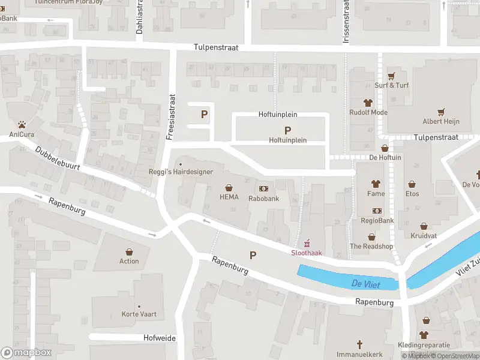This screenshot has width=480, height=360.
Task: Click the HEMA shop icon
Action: click(229, 188)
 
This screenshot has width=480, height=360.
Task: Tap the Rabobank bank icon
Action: click(264, 188)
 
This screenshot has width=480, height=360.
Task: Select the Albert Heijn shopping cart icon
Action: click(441, 112)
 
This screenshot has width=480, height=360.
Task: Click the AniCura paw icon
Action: click(22, 125)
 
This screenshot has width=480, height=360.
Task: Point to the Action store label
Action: click(129, 261)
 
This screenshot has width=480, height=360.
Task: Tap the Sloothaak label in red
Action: click(307, 253)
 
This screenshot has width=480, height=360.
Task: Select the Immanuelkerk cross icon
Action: click(360, 344)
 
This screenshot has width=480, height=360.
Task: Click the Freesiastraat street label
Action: click(170, 117)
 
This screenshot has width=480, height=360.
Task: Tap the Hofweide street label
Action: click(160, 338)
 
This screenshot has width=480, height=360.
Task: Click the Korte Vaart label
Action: click(139, 314)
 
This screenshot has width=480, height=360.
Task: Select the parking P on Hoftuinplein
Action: click(287, 130)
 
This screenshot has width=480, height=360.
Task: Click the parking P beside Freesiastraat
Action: click(204, 114)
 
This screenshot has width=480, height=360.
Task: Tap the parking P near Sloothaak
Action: click(253, 255)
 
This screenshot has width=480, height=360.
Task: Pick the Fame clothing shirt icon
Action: click(376, 184)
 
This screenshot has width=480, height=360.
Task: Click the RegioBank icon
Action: click(377, 211)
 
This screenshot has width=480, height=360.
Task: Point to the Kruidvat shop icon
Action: click(424, 227)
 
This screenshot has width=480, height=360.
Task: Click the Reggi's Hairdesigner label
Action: click(181, 172)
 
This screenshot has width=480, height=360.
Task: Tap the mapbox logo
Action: click(26, 353)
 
